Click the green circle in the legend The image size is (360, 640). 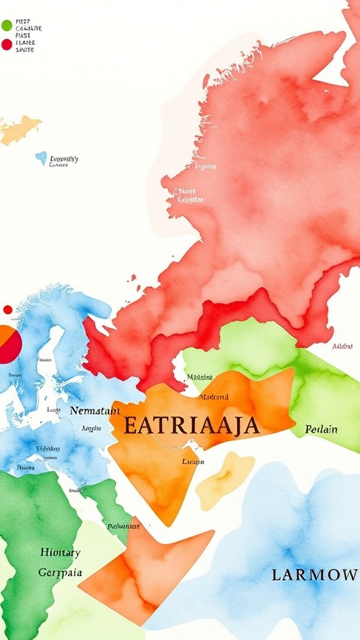coord(7,26)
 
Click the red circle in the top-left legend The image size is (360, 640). coord(7,44)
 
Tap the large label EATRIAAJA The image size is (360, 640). coord(191,426)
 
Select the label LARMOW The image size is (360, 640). coord(314,575)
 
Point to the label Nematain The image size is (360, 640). coord(94,411)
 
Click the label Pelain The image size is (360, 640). coord(321,429)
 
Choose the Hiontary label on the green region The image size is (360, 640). coord(60,552)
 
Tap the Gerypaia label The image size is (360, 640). coord(60,572)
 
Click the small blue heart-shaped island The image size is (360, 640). coord(41,158)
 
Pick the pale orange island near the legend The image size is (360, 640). coord(19,129)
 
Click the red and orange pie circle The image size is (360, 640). coord(9,344)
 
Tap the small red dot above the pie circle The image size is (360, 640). coord(7,309)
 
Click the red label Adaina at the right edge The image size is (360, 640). coord(342,346)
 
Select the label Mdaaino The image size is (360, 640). coord(200,377)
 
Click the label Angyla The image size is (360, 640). coord(91,429)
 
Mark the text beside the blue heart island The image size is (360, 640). coord(64,161)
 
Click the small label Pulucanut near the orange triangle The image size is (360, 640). coord(123,526)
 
